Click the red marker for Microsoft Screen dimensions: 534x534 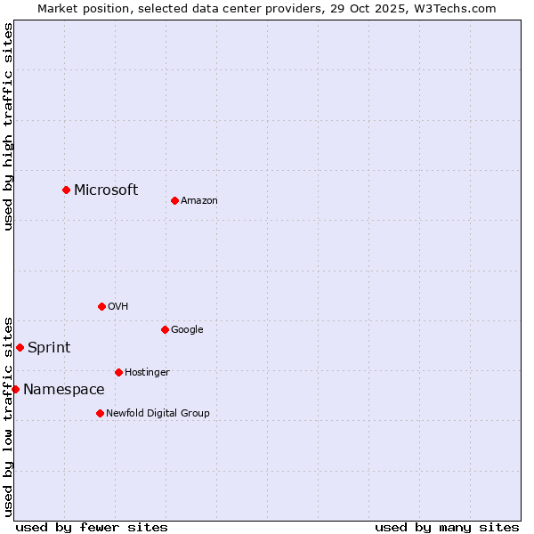66,190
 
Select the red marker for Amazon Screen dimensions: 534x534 174,200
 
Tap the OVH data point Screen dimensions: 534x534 101,306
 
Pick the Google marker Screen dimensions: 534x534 165,329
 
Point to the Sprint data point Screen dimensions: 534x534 20,347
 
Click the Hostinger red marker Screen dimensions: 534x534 118,372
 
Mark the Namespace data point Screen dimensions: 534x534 15,389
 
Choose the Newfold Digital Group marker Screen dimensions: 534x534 100,413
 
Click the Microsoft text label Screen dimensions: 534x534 106,190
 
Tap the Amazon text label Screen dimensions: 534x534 199,200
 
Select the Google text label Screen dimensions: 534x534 187,329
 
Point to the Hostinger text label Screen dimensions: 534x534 147,372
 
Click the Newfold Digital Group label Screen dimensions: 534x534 158,413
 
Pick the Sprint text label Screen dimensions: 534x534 49,347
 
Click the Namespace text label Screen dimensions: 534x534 63,389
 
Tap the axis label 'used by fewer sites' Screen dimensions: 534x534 92,527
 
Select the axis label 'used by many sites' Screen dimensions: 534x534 447,527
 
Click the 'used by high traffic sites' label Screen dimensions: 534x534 8,126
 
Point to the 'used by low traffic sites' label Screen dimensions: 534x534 8,416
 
